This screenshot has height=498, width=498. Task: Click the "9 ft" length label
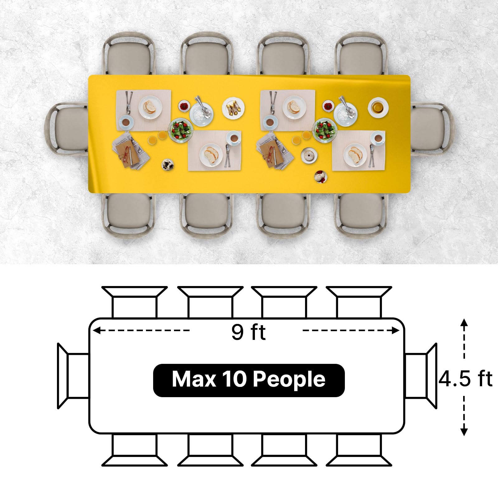tap(248, 332)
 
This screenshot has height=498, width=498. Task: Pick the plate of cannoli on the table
tap(233, 108)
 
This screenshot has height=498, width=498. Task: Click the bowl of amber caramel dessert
tap(378, 107)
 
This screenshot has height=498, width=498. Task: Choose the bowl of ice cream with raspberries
tap(321, 177)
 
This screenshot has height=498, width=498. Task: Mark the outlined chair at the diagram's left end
tap(73, 376)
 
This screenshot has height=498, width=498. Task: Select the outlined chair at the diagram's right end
tap(421, 376)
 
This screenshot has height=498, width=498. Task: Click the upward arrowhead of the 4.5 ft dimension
tap(464, 322)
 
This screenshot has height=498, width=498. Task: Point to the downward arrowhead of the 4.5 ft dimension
tap(464, 431)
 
